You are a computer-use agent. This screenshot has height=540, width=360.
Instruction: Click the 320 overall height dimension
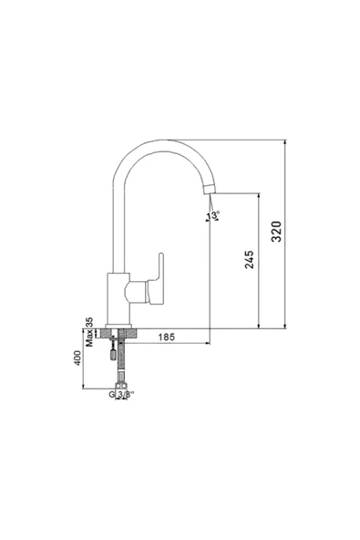click(x=276, y=232)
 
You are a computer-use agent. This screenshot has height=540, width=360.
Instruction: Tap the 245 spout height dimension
click(x=250, y=259)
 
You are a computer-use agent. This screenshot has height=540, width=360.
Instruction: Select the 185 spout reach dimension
click(x=166, y=337)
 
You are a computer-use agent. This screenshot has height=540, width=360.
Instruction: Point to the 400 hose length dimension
click(x=77, y=358)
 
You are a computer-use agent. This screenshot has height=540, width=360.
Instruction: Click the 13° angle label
click(x=213, y=215)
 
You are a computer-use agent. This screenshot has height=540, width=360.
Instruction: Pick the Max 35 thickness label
click(x=89, y=332)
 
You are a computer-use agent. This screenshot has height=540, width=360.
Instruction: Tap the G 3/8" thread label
click(x=121, y=395)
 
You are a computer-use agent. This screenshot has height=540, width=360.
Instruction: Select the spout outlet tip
click(x=211, y=189)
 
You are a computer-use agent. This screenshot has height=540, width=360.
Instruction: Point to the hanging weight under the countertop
click(x=112, y=353)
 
